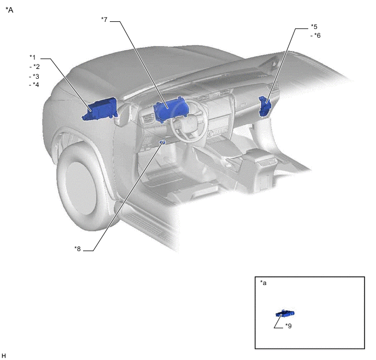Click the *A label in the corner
pos(9,10)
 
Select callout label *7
pos(104,20)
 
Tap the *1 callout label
pos(32,57)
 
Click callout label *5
pos(314,26)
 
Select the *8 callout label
pos(78,249)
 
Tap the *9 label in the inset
pos(289,326)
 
